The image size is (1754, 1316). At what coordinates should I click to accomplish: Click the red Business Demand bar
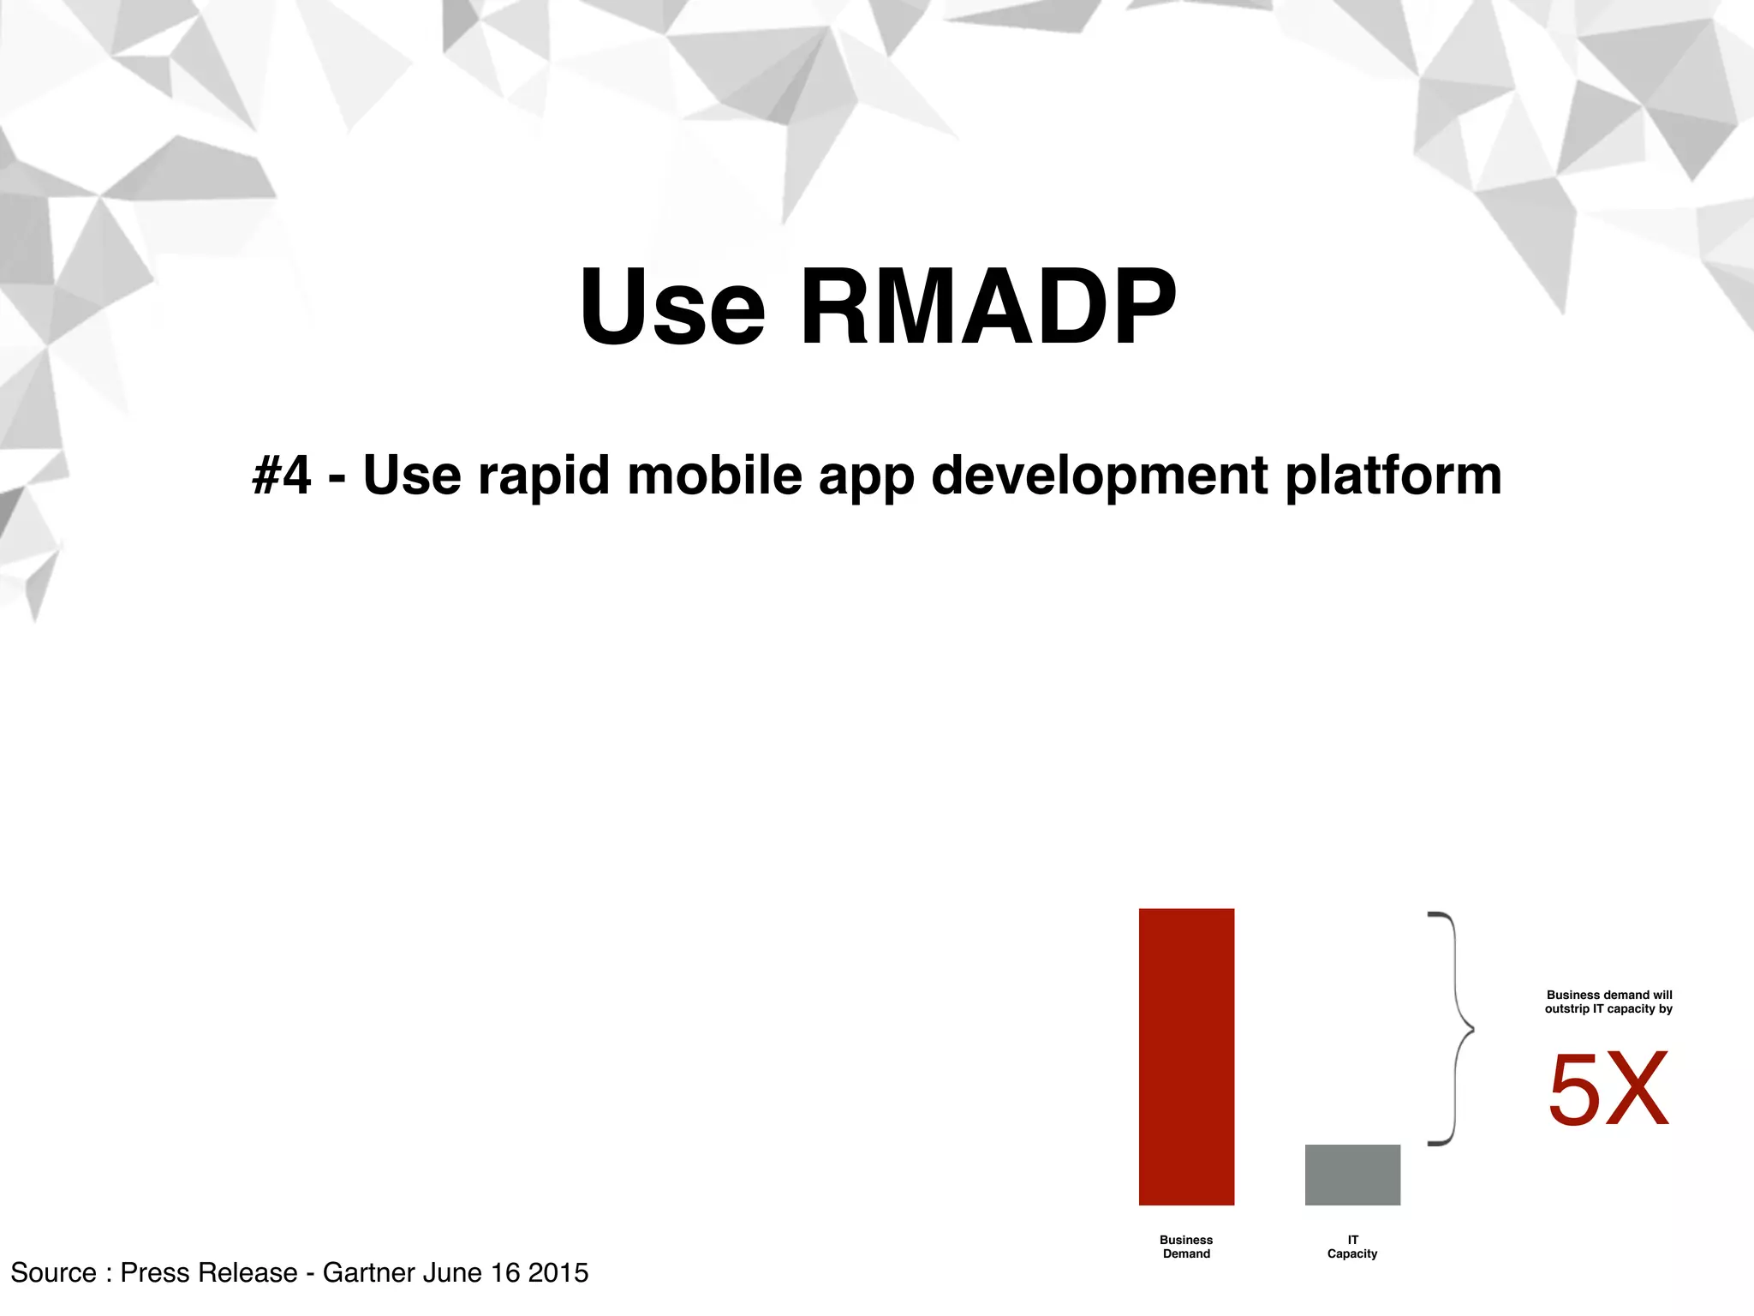pos(1186,1056)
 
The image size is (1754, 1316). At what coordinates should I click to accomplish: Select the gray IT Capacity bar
pos(1352,1175)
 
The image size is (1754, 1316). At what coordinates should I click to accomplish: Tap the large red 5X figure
pos(1608,1090)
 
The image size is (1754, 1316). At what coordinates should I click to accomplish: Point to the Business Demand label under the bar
pos(1186,1247)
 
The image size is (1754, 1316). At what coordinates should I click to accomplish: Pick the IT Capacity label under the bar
pos(1352,1247)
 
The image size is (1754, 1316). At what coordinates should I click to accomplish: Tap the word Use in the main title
pos(672,307)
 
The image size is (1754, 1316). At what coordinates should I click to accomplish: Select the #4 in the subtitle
pos(282,475)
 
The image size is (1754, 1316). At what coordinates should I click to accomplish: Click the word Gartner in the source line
pos(369,1272)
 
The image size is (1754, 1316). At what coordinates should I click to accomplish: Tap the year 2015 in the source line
pos(558,1272)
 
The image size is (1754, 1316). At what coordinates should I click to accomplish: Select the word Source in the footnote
pos(53,1272)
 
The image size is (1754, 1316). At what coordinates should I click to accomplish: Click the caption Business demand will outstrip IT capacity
pos(1608,1002)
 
